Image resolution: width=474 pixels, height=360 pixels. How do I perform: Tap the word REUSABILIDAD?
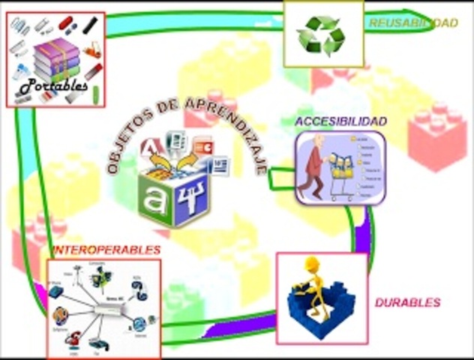(413, 23)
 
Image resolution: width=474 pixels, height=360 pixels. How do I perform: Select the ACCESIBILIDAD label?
(340, 121)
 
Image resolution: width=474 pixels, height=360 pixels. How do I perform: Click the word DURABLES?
(408, 303)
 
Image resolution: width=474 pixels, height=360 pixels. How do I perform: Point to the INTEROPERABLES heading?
(106, 250)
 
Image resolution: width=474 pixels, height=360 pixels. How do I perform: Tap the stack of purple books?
(56, 60)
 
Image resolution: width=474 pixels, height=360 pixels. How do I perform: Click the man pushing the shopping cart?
(313, 166)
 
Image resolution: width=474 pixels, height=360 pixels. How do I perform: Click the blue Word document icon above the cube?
(217, 164)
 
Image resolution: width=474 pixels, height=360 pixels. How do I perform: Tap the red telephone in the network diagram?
(73, 339)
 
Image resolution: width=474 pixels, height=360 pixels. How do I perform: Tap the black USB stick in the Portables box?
(91, 25)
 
